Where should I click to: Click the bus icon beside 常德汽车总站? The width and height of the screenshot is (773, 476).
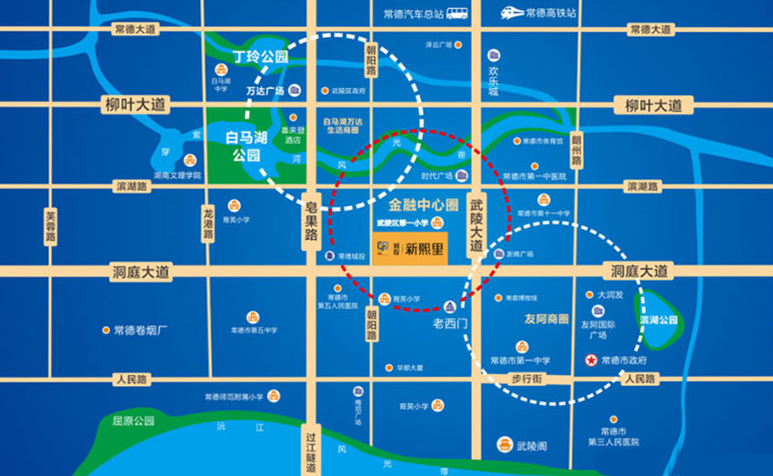pos(457,13)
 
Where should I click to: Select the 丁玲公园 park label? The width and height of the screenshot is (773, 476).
pos(260,56)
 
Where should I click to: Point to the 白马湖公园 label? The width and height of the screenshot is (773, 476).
pos(246,145)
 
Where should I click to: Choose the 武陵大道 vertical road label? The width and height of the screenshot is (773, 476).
pos(475,227)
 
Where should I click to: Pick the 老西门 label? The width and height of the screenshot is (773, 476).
pos(448,322)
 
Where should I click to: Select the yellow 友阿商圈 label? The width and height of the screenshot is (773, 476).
pos(547,319)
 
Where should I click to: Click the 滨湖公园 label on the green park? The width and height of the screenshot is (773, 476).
pos(659,320)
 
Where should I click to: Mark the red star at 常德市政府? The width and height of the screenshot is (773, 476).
pos(591,361)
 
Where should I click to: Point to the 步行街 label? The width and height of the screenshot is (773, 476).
pos(527,378)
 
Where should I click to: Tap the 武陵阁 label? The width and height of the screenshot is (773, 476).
pos(531,446)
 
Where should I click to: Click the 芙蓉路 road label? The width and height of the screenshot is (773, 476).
pos(51,227)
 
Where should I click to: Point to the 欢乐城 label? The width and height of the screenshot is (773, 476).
pos(493,80)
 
